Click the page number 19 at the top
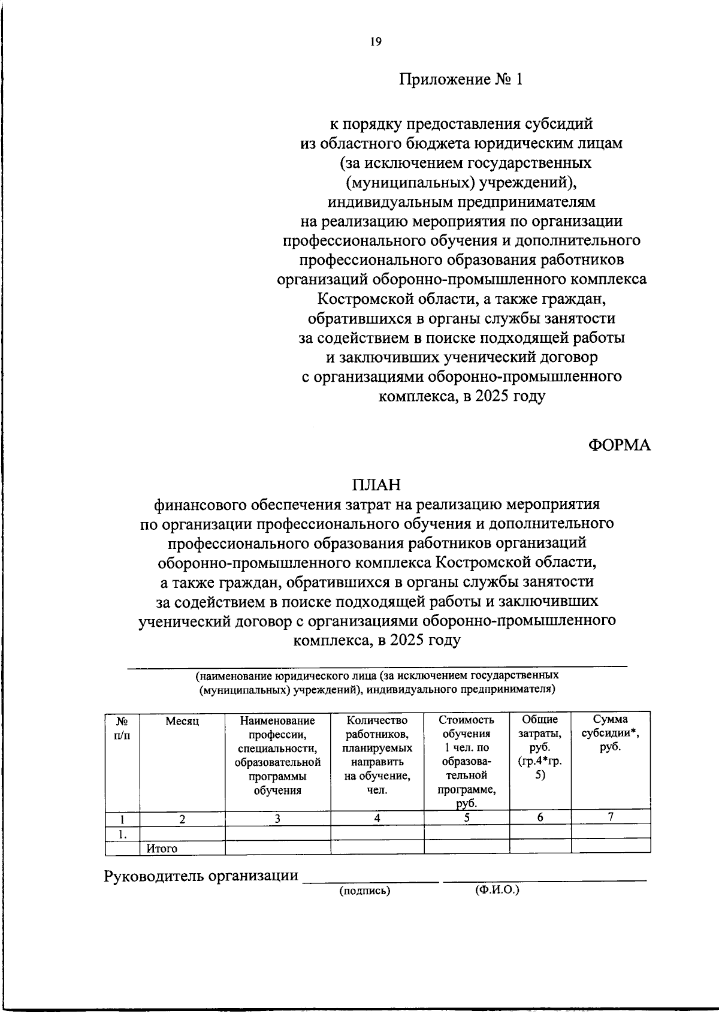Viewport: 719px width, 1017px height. click(x=376, y=41)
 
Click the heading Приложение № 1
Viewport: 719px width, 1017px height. click(x=461, y=80)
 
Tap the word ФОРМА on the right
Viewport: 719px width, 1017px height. click(x=619, y=445)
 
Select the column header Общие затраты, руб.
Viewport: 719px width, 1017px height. click(x=540, y=747)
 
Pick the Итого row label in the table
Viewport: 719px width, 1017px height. click(x=162, y=849)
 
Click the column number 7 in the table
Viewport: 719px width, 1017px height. click(x=610, y=816)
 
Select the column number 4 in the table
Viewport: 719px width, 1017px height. click(x=377, y=818)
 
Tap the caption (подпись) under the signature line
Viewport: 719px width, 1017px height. click(x=364, y=891)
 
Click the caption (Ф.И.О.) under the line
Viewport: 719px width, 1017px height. click(x=497, y=890)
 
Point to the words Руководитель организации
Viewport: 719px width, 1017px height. click(x=201, y=876)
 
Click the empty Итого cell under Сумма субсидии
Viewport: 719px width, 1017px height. click(x=610, y=846)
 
